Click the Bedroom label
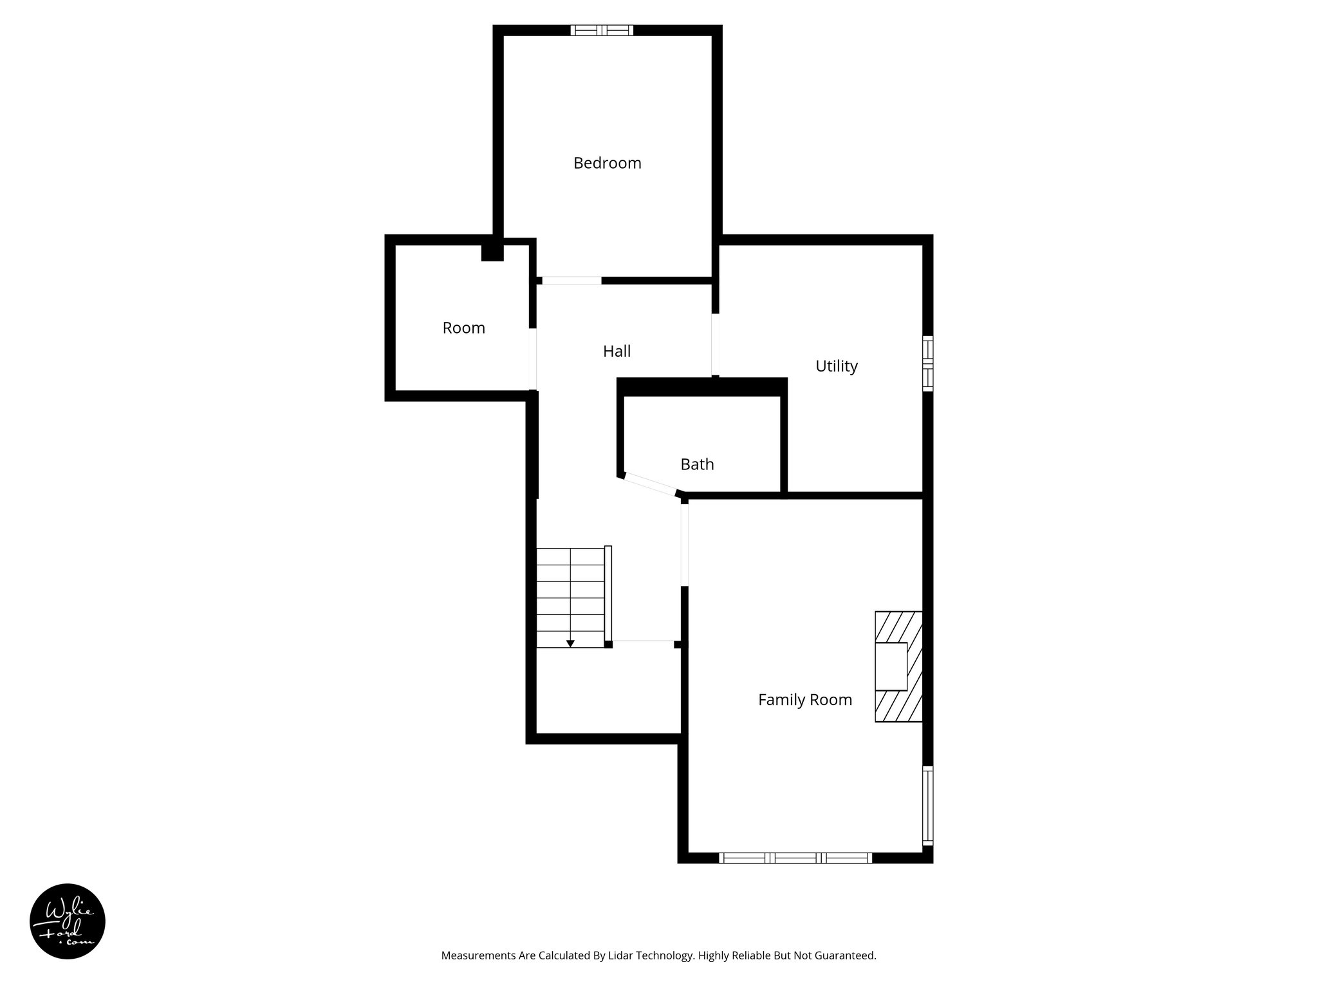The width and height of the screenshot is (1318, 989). pos(607,163)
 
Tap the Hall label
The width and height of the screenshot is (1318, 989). pos(617,351)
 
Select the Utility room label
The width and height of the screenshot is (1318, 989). pos(836,366)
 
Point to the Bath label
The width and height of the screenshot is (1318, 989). pos(697,464)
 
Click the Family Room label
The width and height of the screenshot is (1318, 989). pos(804,700)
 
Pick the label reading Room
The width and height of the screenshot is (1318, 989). pos(463,328)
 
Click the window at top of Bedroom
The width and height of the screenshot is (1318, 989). pos(602,30)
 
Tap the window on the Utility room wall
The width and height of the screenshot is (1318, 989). pos(927,363)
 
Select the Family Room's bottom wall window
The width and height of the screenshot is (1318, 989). pos(795,858)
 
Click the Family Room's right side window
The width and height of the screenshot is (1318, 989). pos(927,805)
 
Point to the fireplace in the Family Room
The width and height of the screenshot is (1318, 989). pos(898,666)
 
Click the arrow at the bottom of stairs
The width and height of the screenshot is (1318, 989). pos(570,643)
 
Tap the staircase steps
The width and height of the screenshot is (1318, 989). pos(570,596)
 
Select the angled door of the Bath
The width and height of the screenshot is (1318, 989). pos(650,484)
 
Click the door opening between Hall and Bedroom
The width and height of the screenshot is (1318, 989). pos(571,281)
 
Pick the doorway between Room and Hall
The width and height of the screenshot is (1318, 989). pos(533,359)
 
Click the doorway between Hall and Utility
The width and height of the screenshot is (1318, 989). pos(715,344)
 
